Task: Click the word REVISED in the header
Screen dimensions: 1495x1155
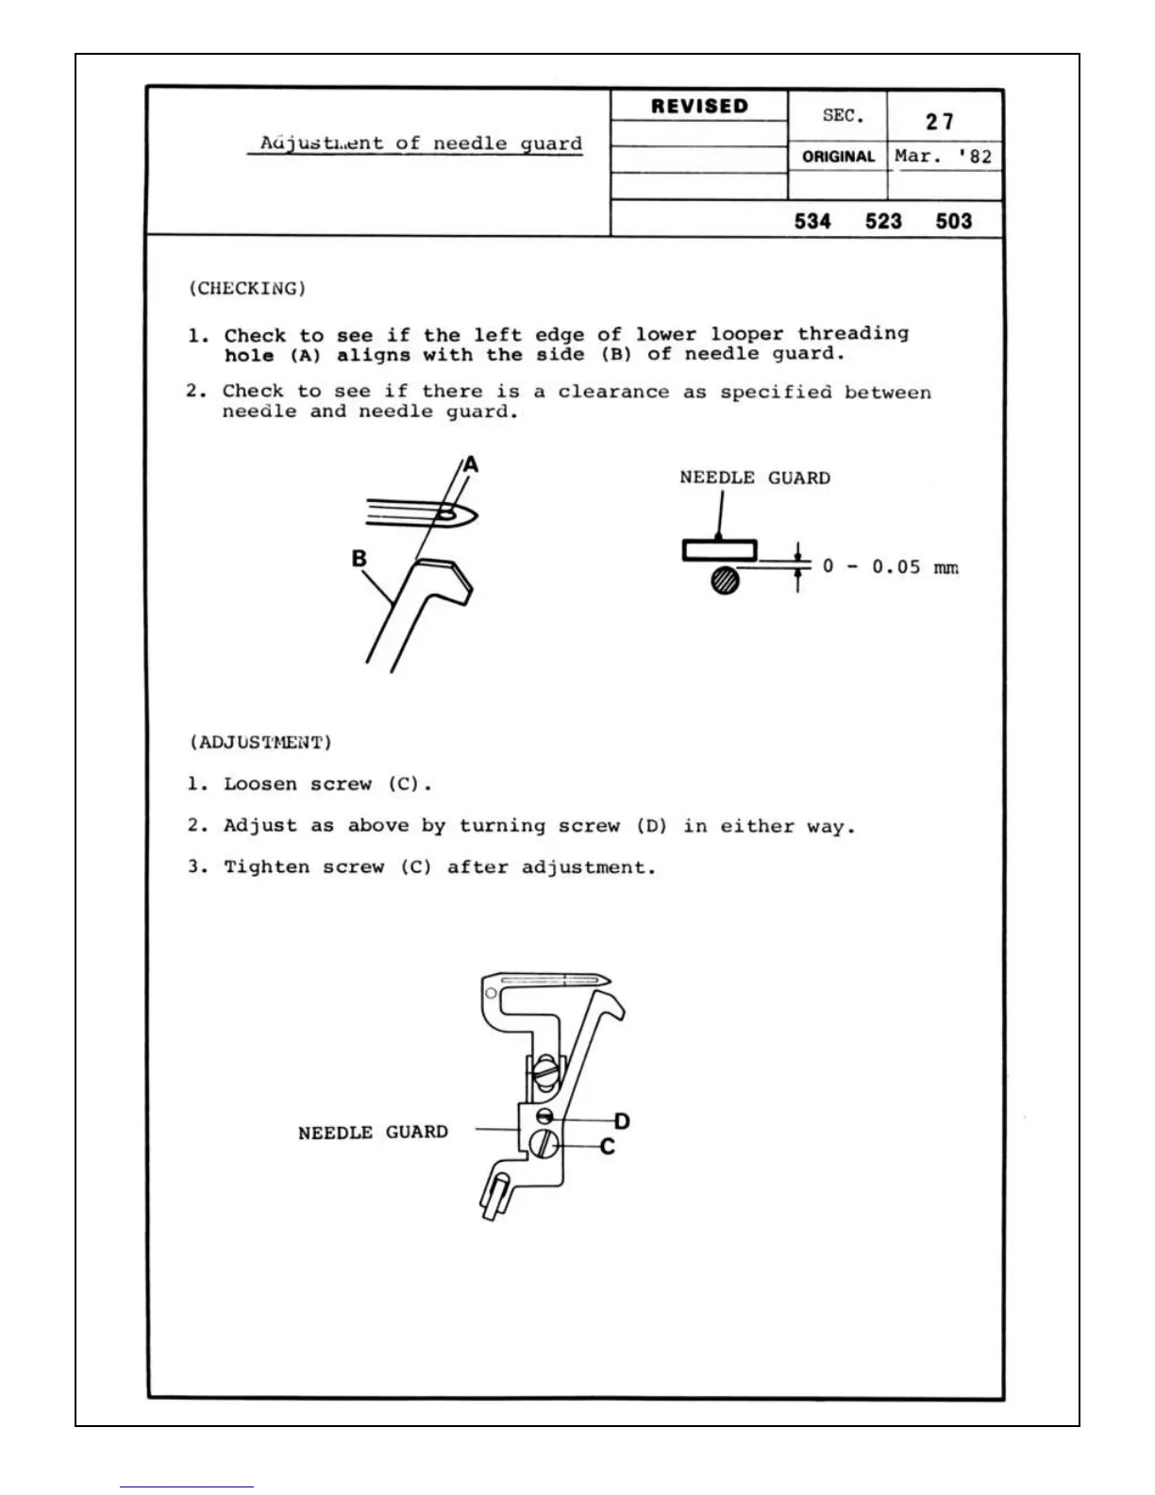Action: tap(699, 107)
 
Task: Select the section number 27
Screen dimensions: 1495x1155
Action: tap(940, 122)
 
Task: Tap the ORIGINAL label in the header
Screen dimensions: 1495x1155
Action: tap(838, 157)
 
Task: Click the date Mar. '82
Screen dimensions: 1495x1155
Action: tap(944, 157)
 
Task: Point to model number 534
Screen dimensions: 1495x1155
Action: tap(812, 222)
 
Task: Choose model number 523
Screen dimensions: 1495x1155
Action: tap(883, 222)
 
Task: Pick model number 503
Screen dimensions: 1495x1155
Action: tap(954, 222)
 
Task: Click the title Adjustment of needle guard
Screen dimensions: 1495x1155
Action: tap(421, 143)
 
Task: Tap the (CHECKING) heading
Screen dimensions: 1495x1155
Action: tap(247, 288)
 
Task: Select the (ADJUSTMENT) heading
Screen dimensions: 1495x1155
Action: tap(260, 742)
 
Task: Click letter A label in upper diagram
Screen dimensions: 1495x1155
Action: tap(471, 464)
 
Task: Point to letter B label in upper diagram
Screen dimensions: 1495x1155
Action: tap(359, 559)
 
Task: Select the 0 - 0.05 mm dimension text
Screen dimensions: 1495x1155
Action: tap(890, 566)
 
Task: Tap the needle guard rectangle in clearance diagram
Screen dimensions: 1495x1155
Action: tap(720, 550)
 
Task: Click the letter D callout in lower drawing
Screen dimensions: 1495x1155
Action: tap(622, 1121)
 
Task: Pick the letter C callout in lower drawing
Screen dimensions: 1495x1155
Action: tap(608, 1146)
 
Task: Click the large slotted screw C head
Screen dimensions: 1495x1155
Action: tap(543, 1145)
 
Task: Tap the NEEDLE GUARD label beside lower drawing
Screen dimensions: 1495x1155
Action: tap(373, 1132)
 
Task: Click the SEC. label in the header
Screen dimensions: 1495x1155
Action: tap(843, 116)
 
